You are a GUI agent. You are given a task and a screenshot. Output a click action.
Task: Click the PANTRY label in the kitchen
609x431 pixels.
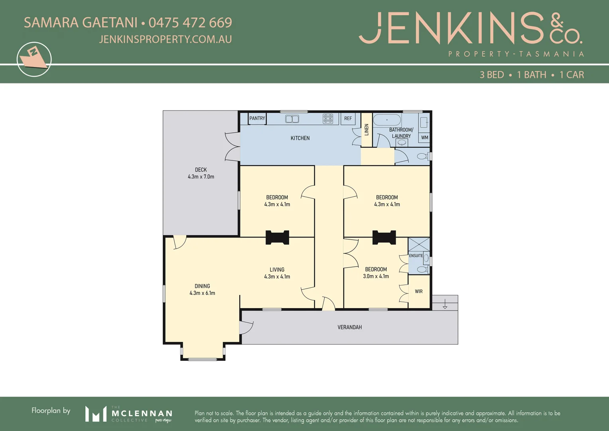[x=257, y=118]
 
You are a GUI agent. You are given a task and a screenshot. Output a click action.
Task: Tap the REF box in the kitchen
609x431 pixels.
[x=348, y=119]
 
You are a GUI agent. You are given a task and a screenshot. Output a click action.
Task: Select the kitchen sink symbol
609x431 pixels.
[x=292, y=119]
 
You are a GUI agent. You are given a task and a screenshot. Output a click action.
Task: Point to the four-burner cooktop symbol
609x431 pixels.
[x=328, y=119]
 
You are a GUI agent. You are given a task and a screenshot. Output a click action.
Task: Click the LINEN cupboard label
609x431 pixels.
[x=367, y=129]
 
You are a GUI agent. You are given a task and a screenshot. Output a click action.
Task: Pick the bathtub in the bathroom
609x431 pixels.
[x=387, y=120]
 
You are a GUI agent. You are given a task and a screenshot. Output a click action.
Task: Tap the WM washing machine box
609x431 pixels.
[x=425, y=138]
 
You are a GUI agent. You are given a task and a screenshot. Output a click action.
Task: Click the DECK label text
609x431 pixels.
[x=201, y=170]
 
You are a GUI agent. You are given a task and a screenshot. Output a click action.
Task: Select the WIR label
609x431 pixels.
[x=419, y=291]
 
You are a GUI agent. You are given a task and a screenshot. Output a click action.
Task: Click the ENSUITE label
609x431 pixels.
[x=416, y=255]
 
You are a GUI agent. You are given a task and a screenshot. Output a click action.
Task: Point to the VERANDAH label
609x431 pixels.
[x=350, y=327]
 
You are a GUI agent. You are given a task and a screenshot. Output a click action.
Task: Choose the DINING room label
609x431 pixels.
[x=202, y=286]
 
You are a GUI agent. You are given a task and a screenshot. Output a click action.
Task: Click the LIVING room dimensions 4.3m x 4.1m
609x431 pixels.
[x=277, y=277]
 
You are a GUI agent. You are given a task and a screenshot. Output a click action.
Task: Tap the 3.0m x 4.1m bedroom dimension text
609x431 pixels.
[x=376, y=276]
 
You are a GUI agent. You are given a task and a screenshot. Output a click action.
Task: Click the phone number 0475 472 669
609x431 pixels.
[x=190, y=23]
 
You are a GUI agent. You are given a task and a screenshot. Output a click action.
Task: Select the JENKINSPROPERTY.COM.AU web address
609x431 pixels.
[x=165, y=39]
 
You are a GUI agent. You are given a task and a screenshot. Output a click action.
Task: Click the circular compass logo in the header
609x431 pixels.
[x=34, y=59]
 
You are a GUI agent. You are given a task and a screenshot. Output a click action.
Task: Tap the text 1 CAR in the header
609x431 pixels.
[x=572, y=75]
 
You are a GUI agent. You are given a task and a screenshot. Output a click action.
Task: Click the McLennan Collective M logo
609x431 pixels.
[x=96, y=414]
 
